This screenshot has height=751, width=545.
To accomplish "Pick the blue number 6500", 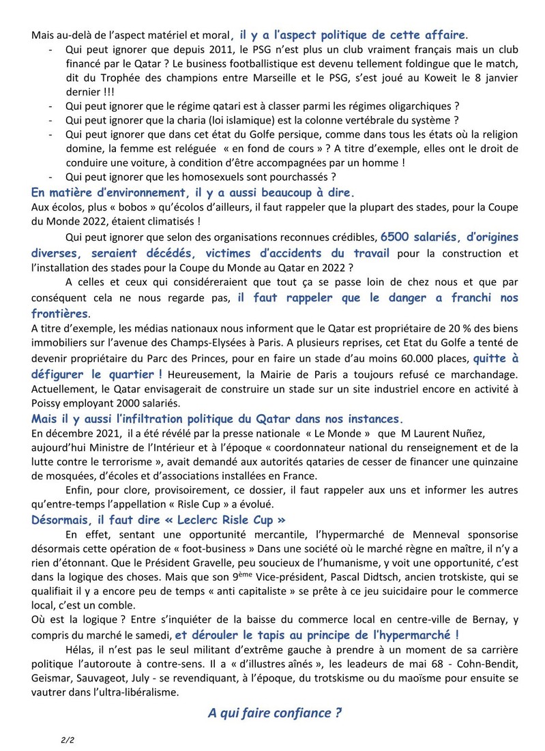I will [x=398, y=237].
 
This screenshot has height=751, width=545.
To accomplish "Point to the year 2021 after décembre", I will [x=95, y=432].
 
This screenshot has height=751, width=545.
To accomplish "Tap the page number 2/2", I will [x=62, y=739].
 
